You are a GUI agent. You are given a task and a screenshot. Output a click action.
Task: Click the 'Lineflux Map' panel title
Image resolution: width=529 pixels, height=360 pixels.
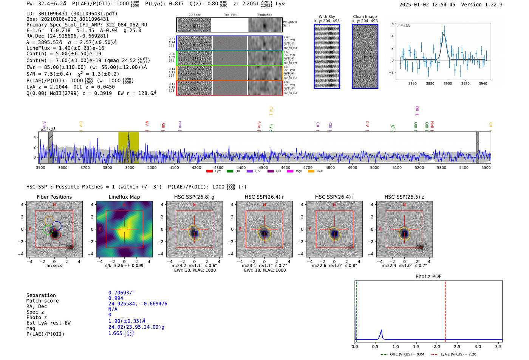124,197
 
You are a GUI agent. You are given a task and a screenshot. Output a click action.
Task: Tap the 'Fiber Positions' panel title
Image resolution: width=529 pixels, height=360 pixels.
54,197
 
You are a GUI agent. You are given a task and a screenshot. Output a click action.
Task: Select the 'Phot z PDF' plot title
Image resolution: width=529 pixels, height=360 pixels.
428,276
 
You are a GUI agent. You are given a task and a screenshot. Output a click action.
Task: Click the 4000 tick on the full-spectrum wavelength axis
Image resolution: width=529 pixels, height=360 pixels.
152,168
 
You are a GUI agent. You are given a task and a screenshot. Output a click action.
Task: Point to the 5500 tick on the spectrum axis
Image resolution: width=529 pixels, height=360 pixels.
486,168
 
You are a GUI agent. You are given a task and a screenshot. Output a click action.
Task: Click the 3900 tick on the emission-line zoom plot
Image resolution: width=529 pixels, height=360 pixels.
448,83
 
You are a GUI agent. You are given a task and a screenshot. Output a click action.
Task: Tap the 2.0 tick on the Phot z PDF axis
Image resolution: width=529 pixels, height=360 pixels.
437,346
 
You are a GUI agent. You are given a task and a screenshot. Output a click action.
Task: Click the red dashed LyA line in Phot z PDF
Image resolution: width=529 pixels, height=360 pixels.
445,310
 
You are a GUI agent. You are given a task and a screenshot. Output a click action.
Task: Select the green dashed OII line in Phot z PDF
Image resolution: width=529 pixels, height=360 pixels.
356,310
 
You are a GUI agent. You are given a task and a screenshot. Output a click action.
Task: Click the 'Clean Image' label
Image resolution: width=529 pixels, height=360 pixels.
365,17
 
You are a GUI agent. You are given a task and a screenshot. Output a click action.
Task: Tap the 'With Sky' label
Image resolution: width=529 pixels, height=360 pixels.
326,17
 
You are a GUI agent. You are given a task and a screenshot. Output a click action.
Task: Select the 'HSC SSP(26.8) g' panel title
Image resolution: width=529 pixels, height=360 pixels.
194,197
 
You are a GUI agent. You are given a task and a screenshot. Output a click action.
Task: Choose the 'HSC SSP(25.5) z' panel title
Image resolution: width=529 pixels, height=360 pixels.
404,197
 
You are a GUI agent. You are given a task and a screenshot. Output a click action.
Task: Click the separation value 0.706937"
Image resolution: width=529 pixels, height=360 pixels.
121,293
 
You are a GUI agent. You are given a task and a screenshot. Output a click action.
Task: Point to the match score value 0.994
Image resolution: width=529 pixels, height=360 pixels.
116,298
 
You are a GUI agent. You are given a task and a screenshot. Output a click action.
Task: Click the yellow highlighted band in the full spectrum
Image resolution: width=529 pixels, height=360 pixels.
128,147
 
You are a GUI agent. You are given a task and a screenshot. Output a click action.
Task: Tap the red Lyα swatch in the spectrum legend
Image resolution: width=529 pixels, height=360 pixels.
209,172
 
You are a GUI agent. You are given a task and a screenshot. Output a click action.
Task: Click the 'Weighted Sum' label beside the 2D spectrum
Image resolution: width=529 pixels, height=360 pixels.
289,24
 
